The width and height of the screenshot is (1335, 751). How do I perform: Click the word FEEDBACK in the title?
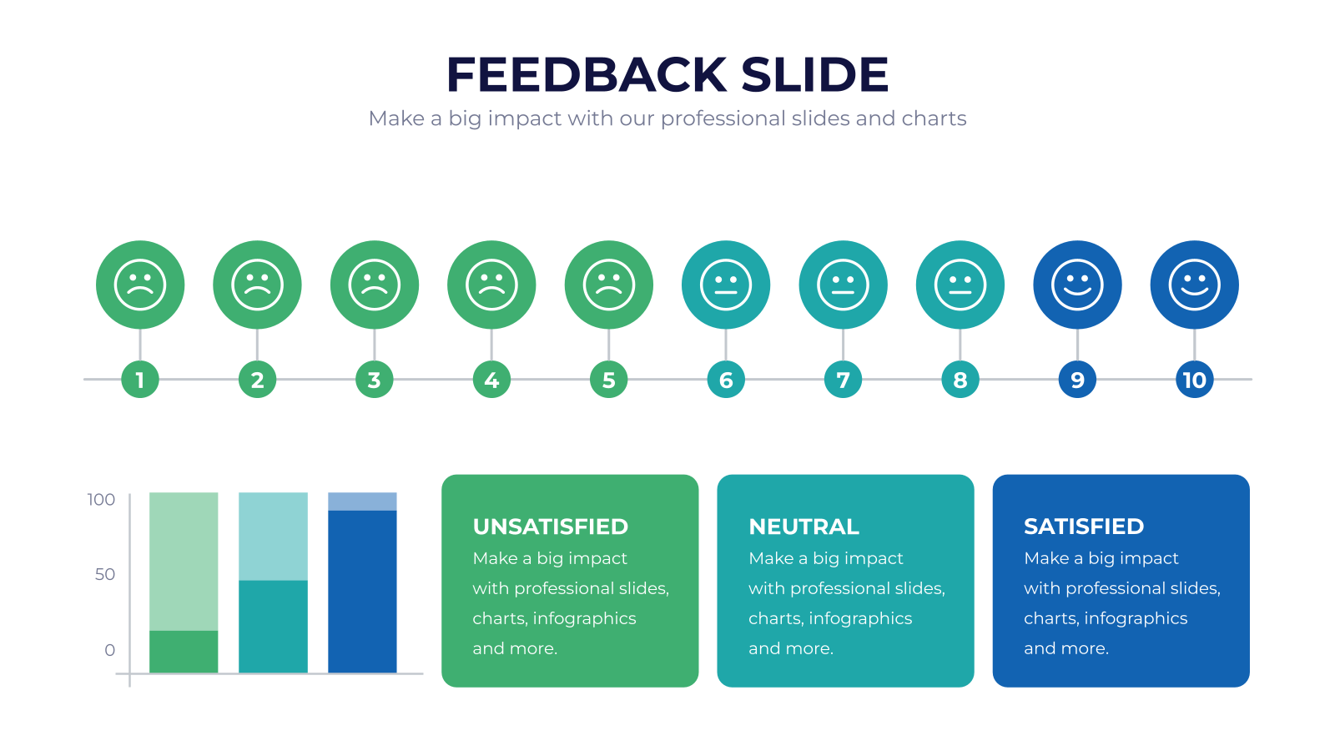pyautogui.click(x=587, y=74)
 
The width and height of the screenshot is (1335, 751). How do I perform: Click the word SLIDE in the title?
pyautogui.click(x=814, y=74)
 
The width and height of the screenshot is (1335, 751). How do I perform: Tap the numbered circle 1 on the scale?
pyautogui.click(x=140, y=379)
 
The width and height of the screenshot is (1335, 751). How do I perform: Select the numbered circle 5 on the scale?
pyautogui.click(x=608, y=379)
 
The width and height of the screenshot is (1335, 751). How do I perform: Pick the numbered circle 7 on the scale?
pyautogui.click(x=843, y=379)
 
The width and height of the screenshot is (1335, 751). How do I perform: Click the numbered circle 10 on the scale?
pyautogui.click(x=1194, y=379)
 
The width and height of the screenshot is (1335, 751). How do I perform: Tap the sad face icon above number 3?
pyautogui.click(x=375, y=285)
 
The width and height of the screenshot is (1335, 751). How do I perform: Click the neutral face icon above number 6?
pyautogui.click(x=726, y=285)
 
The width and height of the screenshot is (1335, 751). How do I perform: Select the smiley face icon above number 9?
pyautogui.click(x=1077, y=285)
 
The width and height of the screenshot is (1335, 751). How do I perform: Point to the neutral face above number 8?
pyautogui.click(x=960, y=285)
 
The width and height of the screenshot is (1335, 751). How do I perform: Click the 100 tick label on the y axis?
pyautogui.click(x=101, y=500)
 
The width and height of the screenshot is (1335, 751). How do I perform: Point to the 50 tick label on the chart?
pyautogui.click(x=105, y=575)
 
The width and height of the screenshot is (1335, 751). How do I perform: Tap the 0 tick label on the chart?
pyautogui.click(x=109, y=650)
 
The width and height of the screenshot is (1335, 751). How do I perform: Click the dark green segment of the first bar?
pyautogui.click(x=184, y=652)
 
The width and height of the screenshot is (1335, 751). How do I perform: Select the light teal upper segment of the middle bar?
pyautogui.click(x=273, y=537)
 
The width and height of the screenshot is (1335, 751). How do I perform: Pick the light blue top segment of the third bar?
pyautogui.click(x=362, y=502)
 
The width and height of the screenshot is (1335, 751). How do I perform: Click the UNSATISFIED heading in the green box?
pyautogui.click(x=551, y=527)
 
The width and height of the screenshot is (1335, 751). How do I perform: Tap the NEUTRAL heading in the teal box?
pyautogui.click(x=804, y=527)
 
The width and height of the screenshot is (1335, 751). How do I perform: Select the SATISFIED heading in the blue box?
pyautogui.click(x=1084, y=527)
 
